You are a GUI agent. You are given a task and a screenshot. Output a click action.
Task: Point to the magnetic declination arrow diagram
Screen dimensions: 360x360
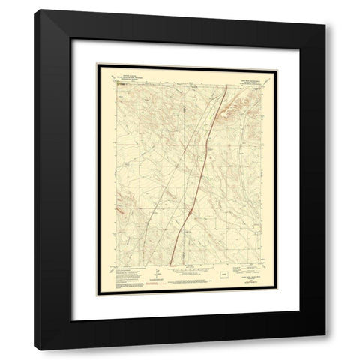click(157, 272)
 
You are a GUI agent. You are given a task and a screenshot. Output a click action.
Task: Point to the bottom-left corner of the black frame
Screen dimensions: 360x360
click(34, 335)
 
